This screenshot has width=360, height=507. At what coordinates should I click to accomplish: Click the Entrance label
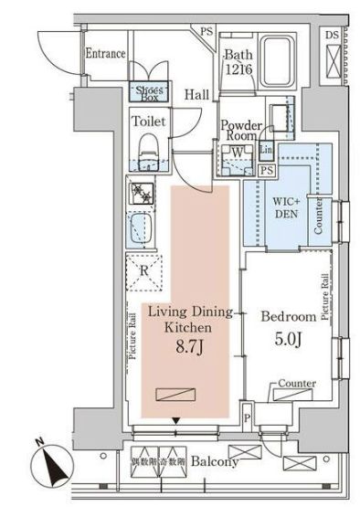click(x=105, y=54)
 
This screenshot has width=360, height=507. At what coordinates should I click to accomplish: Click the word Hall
click(x=196, y=94)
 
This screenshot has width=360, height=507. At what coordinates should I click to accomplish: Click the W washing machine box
click(x=237, y=153)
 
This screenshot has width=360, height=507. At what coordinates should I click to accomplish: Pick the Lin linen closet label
click(x=267, y=150)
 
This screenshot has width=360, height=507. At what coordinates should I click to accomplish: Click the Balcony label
click(x=215, y=462)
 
